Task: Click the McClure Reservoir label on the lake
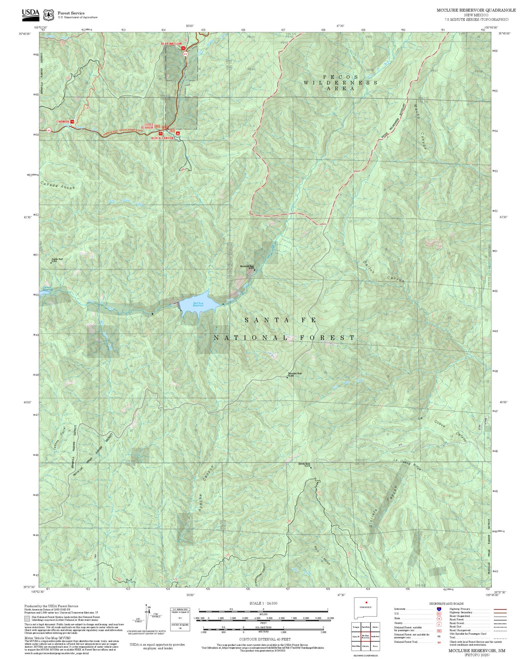[198, 304]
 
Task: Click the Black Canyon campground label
[162, 138]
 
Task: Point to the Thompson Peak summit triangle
[287, 377]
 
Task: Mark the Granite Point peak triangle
[51, 263]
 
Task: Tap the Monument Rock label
[247, 267]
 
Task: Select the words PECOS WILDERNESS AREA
[340, 82]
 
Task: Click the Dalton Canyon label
[383, 272]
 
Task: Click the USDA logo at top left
[30, 13]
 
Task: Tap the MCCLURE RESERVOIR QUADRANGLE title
[476, 10]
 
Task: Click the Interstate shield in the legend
[439, 609]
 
